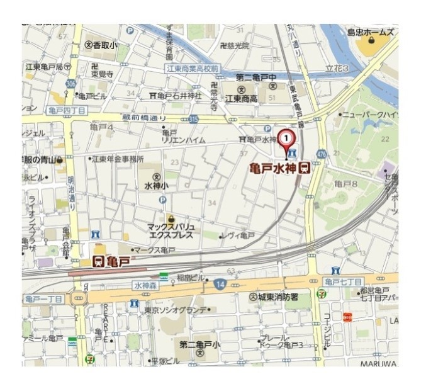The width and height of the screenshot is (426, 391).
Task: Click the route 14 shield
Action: point(220,285)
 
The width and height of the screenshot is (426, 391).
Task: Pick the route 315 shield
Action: point(193,119)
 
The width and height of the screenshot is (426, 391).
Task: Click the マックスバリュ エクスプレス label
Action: point(171,230)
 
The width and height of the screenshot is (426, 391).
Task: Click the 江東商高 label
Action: point(242,99)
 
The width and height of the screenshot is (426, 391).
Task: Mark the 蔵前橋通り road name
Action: point(145,118)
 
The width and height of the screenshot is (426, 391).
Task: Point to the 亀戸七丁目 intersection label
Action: point(343,281)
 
